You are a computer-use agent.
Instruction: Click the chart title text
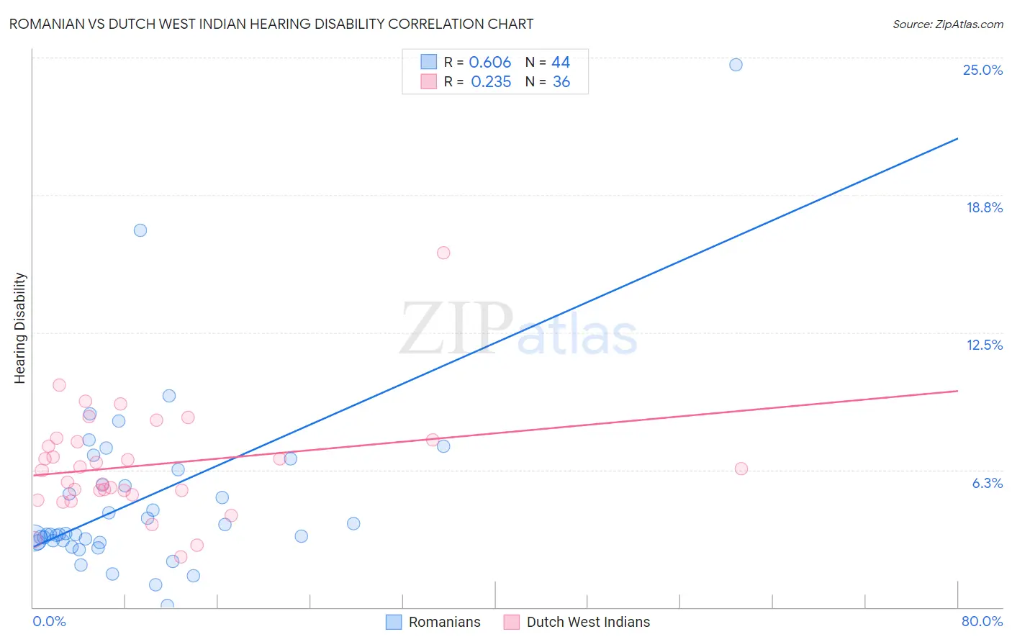pyautogui.click(x=271, y=24)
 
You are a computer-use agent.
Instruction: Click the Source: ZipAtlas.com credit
pyautogui.click(x=947, y=24)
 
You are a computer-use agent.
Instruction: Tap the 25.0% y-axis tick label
pyautogui.click(x=982, y=70)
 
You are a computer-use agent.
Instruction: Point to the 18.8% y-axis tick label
pyautogui.click(x=984, y=207)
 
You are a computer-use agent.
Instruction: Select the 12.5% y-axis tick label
pyautogui.click(x=984, y=345)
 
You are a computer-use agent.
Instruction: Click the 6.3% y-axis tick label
pyautogui.click(x=987, y=483)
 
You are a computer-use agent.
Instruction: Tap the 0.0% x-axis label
pyautogui.click(x=49, y=621)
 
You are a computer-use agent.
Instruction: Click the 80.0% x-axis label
pyautogui.click(x=982, y=621)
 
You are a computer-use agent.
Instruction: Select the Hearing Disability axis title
pyautogui.click(x=20, y=328)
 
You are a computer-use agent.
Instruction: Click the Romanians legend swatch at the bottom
pyautogui.click(x=394, y=622)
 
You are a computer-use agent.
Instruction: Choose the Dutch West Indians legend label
pyautogui.click(x=588, y=622)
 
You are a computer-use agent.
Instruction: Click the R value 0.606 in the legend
pyautogui.click(x=489, y=63)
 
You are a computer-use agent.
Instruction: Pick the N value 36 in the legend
pyautogui.click(x=561, y=82)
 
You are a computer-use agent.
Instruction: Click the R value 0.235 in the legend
pyautogui.click(x=490, y=82)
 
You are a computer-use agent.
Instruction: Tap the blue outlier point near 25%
pyautogui.click(x=736, y=65)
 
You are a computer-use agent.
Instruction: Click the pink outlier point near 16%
pyautogui.click(x=443, y=253)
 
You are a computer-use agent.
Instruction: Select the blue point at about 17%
pyautogui.click(x=140, y=230)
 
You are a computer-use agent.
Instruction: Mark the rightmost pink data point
pyautogui.click(x=741, y=469)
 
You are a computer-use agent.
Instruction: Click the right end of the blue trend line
pyautogui.click(x=957, y=138)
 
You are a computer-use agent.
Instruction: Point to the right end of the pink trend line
pyautogui.click(x=957, y=391)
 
